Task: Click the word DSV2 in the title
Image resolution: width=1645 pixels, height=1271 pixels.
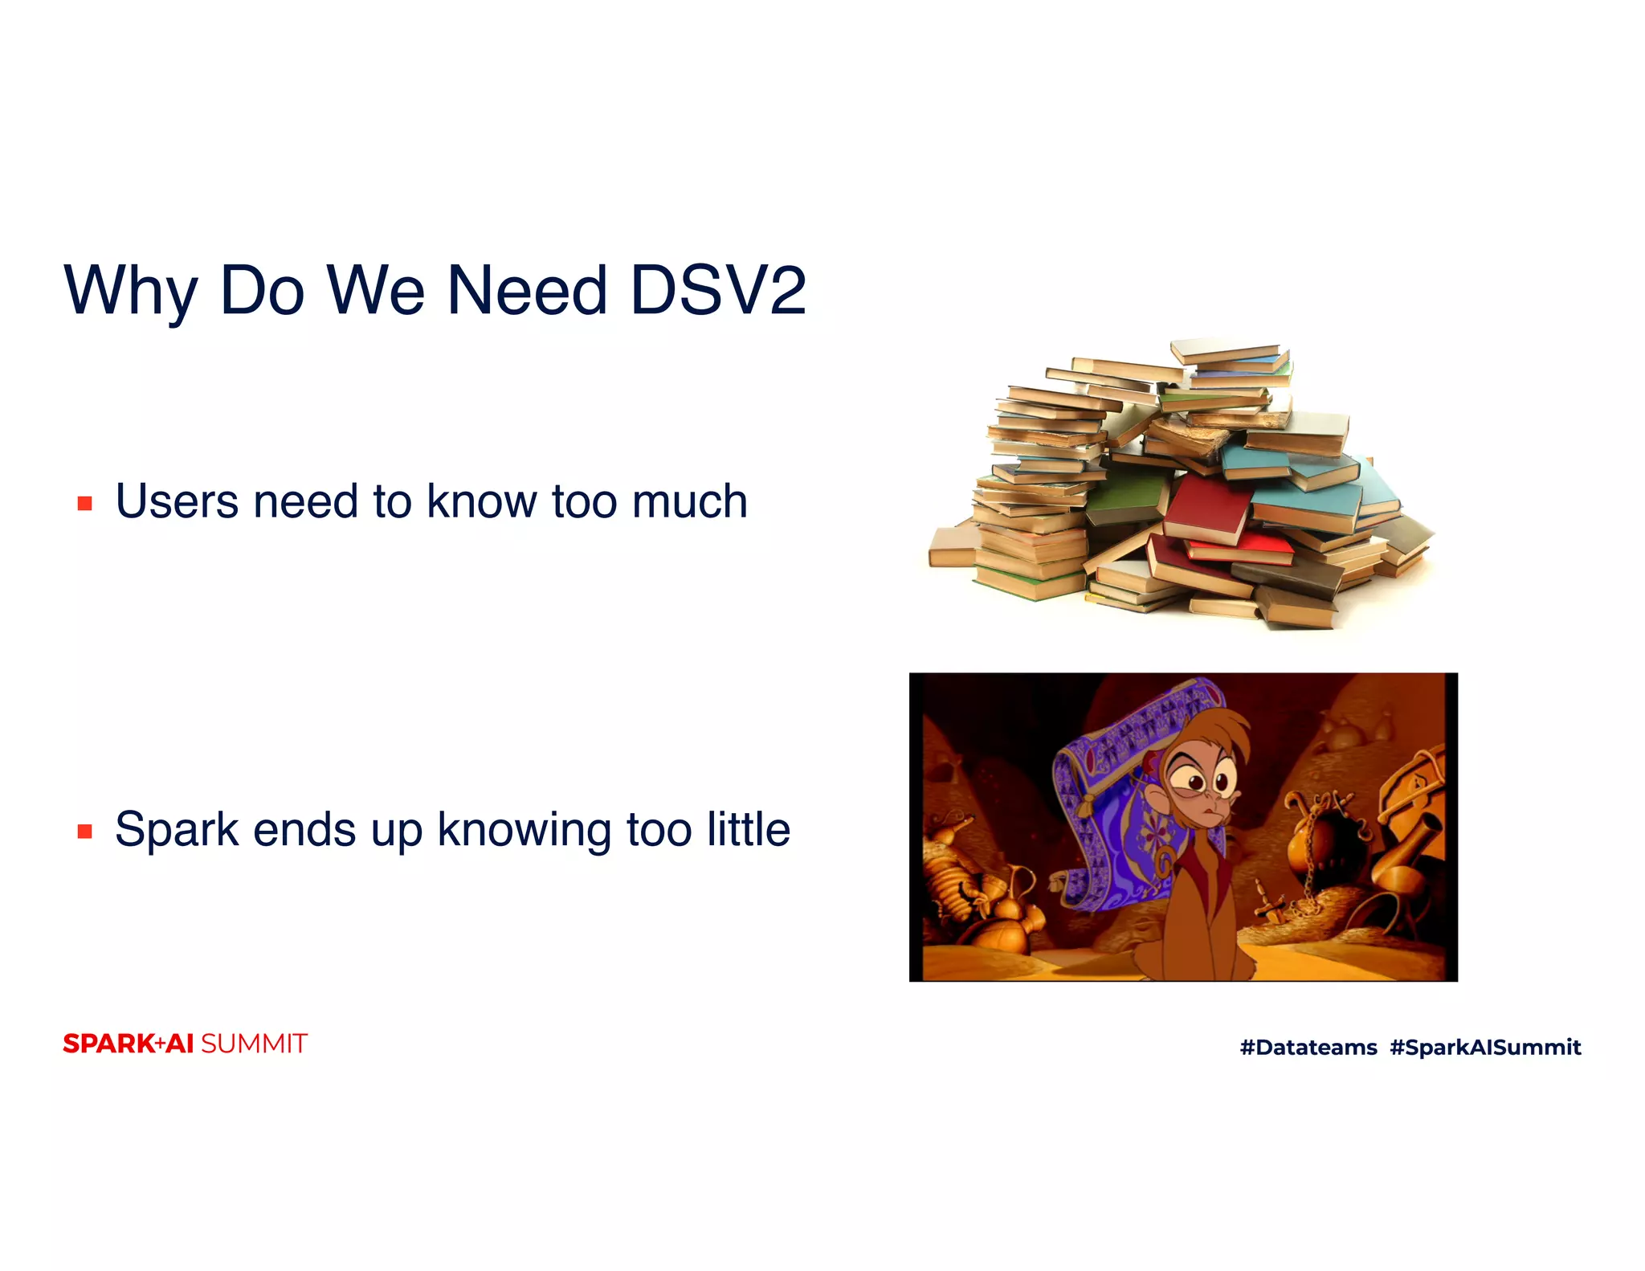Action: point(717,290)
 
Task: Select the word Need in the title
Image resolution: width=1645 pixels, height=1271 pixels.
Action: point(526,290)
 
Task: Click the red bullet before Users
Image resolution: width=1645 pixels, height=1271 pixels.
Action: point(85,504)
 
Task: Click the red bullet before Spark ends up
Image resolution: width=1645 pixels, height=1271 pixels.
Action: point(85,832)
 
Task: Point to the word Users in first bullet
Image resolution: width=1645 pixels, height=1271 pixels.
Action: point(177,501)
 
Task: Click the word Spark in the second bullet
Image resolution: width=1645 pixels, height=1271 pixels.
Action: point(177,830)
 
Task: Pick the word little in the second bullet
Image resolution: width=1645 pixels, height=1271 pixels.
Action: point(748,829)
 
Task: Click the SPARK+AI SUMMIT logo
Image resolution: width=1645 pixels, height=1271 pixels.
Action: point(185,1044)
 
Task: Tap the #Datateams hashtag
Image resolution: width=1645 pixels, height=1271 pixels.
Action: point(1308,1047)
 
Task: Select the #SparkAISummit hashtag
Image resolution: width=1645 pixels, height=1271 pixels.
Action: point(1485,1047)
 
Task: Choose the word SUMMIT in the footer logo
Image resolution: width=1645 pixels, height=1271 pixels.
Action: point(254,1044)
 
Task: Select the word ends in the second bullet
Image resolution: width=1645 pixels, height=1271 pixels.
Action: point(304,830)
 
